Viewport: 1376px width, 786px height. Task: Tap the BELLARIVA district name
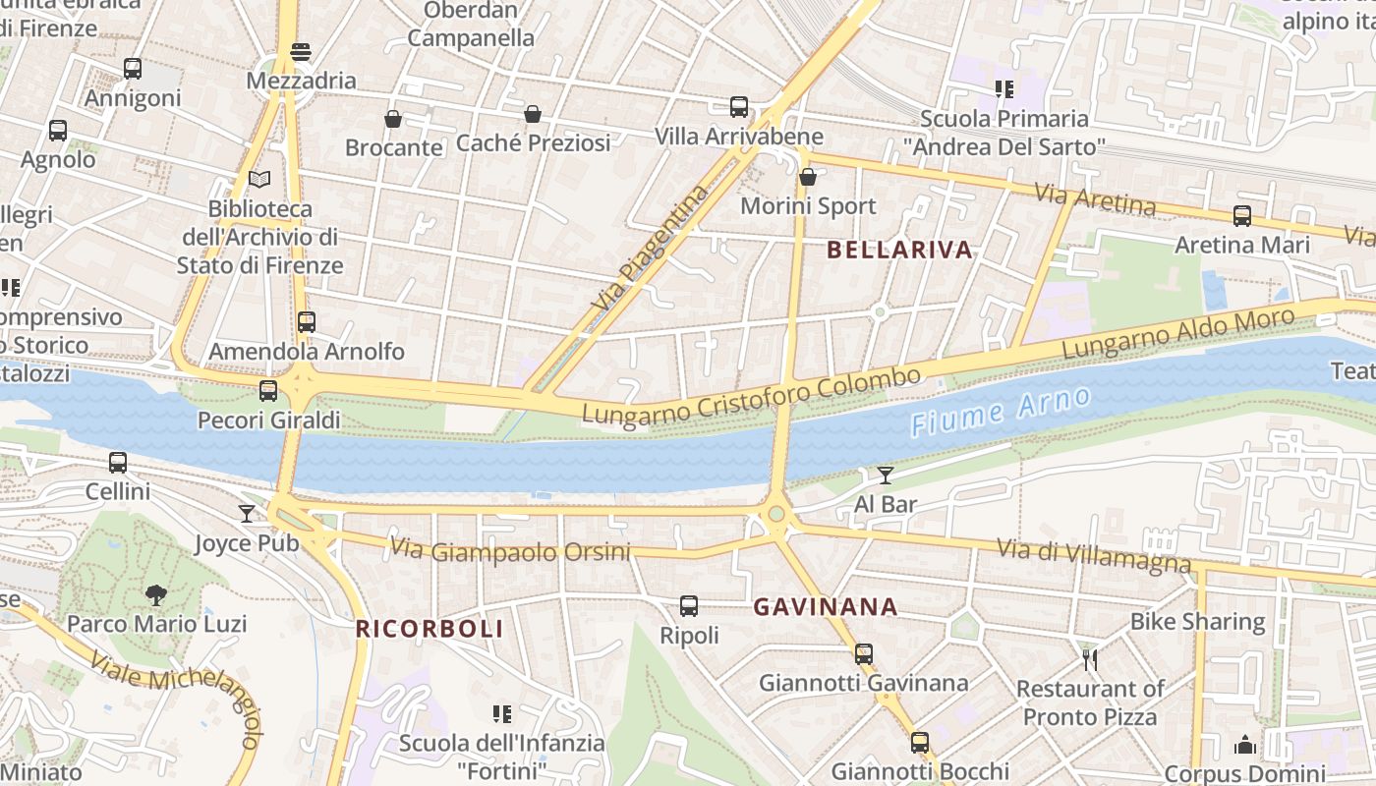coord(899,250)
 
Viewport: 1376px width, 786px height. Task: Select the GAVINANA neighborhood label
coord(826,607)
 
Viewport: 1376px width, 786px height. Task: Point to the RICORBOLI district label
coord(430,629)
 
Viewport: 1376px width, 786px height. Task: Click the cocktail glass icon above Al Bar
coord(886,476)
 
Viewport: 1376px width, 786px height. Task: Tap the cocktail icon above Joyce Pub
coord(246,513)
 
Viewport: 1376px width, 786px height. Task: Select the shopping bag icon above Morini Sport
coord(808,178)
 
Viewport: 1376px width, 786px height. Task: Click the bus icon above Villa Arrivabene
coord(739,107)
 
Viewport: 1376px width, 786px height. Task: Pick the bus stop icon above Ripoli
coord(689,606)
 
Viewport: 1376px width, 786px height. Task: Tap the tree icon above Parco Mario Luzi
coord(155,594)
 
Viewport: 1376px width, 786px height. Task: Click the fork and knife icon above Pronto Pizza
coord(1089,659)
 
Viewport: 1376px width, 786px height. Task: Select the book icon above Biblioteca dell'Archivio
coord(259,180)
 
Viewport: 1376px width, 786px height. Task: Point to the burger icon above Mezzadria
coord(301,51)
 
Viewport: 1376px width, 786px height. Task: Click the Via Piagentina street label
coord(651,248)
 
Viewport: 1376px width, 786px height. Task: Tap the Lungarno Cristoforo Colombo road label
coord(752,397)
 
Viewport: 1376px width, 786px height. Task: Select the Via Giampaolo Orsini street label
coord(510,550)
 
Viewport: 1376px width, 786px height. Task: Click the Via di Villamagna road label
coord(1094,555)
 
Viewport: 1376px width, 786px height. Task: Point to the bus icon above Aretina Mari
coord(1242,216)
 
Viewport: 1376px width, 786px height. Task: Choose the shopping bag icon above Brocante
coord(393,119)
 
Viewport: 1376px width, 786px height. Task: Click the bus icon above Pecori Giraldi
coord(268,391)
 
